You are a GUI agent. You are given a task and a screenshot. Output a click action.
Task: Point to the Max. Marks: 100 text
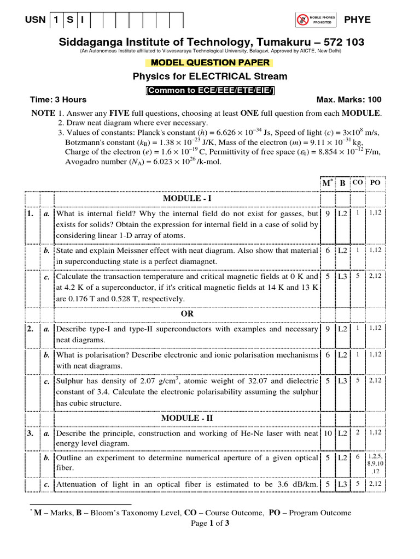[349, 100]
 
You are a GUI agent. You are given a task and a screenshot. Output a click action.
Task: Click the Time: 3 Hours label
[58, 100]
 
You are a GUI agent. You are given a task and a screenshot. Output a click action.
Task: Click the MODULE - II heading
[188, 418]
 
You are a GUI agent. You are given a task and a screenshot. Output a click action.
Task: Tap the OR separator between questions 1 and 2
[188, 314]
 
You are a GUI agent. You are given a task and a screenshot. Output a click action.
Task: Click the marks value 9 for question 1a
[328, 214]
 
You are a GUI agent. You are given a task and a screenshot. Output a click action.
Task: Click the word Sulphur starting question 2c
[69, 381]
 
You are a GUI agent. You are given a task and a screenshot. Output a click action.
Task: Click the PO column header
[375, 182]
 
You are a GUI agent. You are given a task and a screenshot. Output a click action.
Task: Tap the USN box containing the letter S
[69, 20]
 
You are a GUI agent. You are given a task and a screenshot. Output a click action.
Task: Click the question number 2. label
[30, 329]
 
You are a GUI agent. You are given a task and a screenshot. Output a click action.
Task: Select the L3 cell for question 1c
[343, 277]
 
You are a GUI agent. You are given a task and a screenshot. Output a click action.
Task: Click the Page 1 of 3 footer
[210, 523]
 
